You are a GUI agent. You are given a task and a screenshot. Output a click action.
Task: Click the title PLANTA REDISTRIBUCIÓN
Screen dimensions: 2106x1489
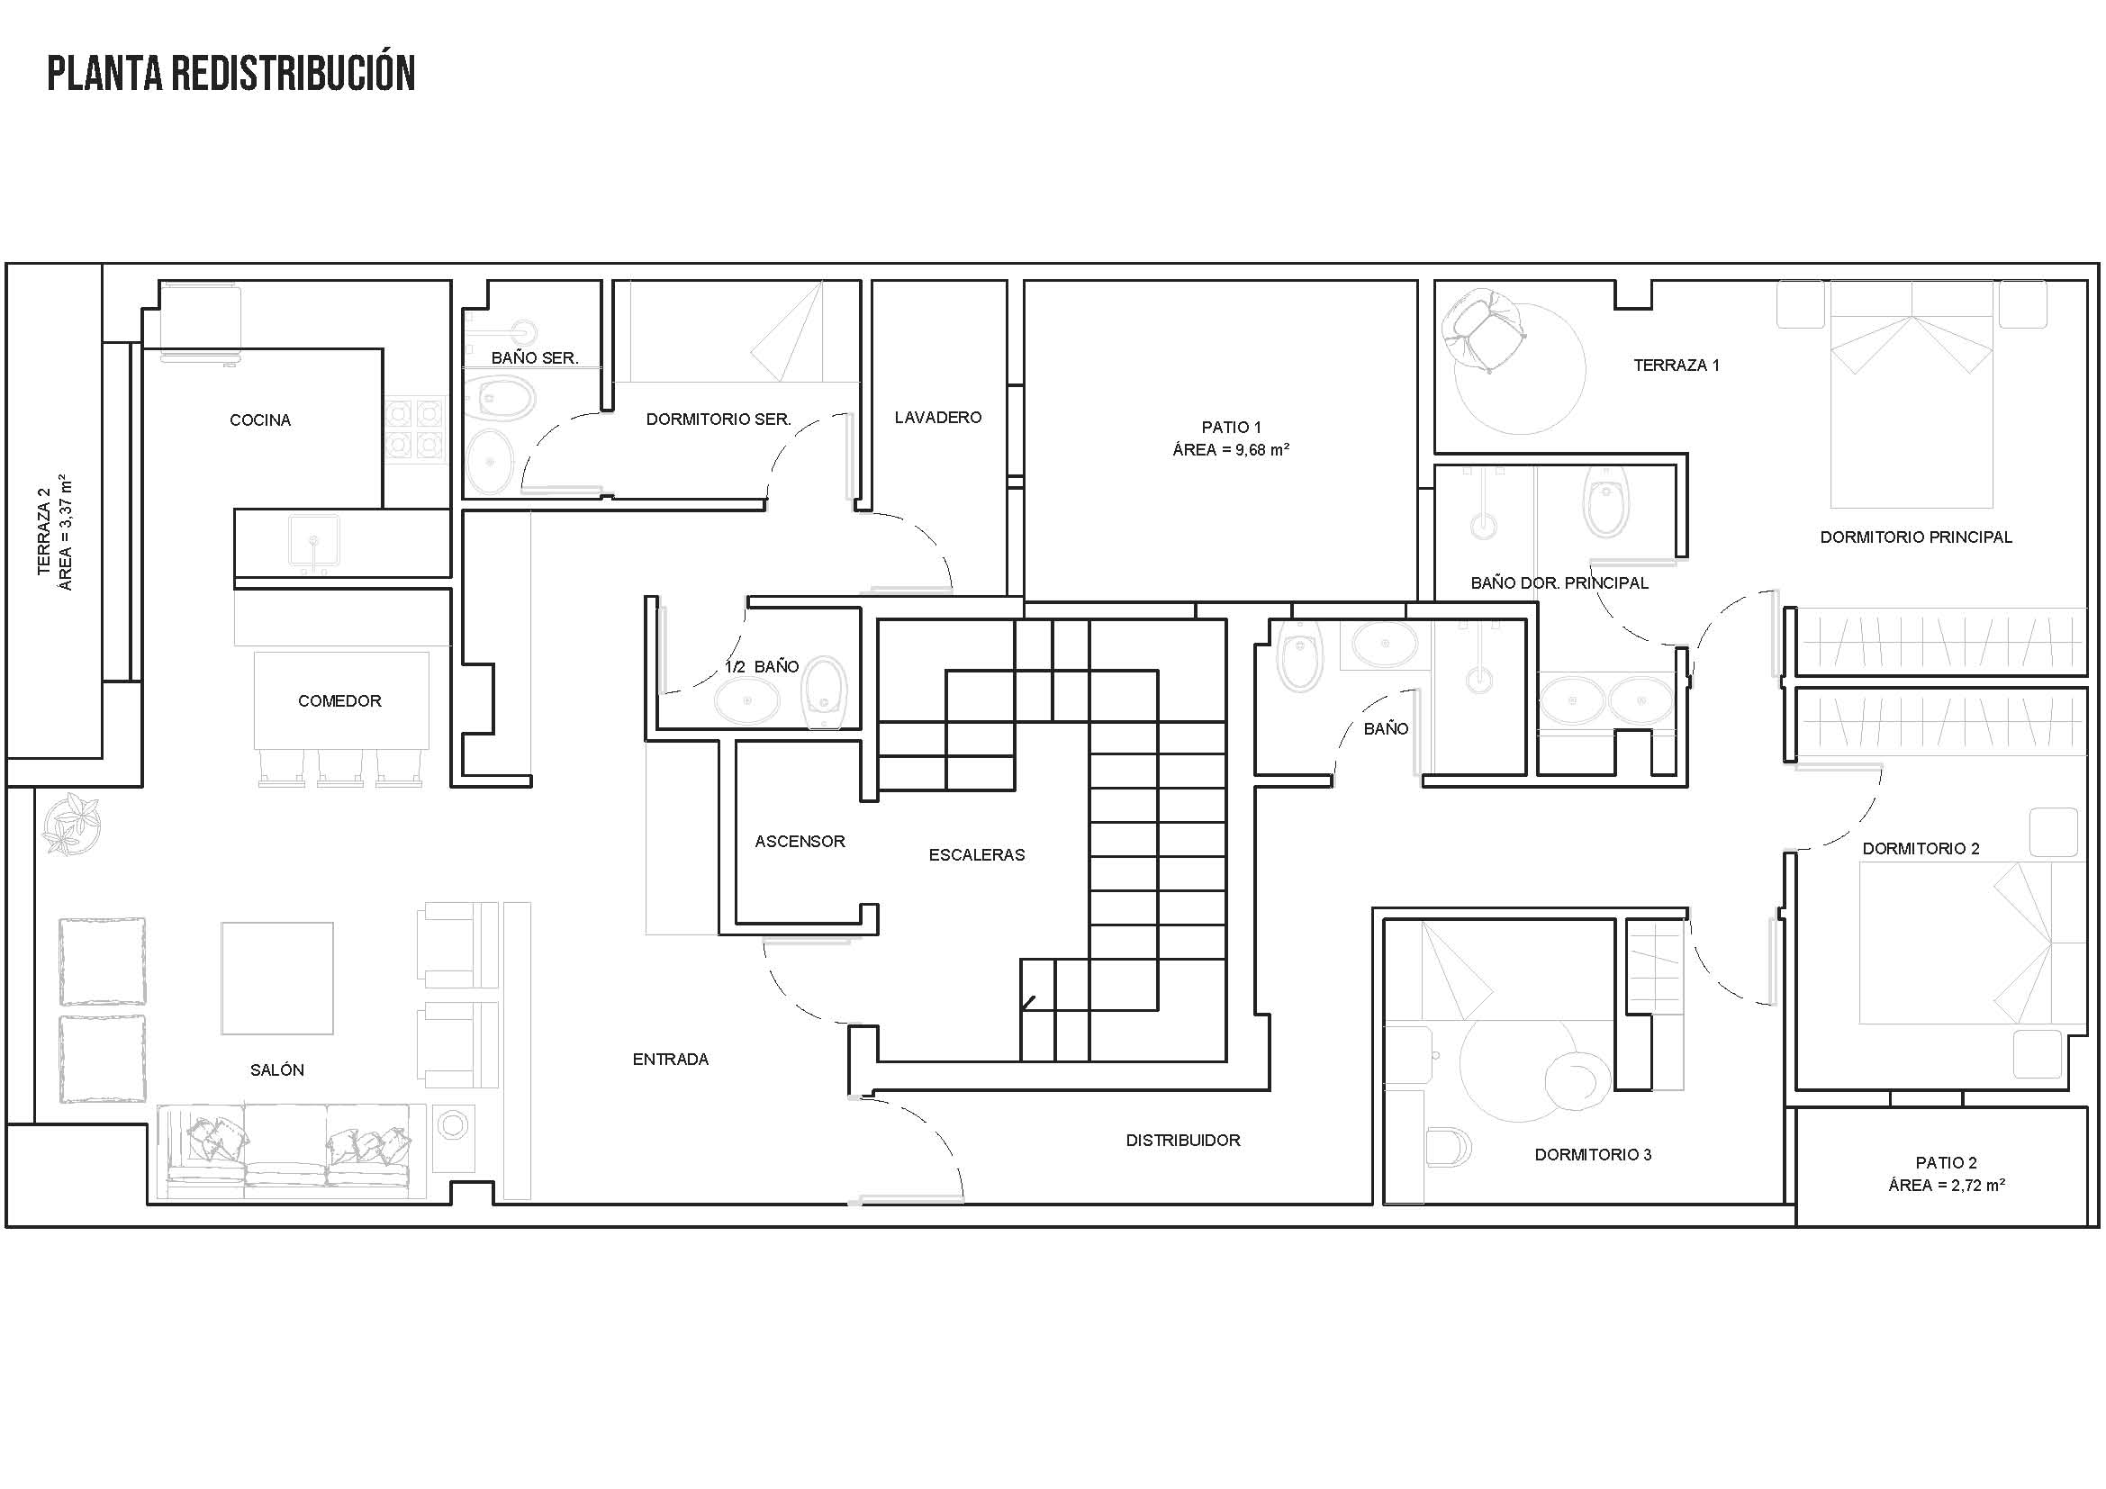click(231, 73)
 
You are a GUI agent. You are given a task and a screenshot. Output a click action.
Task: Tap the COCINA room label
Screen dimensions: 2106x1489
click(259, 420)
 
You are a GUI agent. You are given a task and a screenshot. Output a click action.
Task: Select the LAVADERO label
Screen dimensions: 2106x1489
click(937, 417)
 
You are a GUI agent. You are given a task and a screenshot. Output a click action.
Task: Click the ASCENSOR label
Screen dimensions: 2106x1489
click(800, 841)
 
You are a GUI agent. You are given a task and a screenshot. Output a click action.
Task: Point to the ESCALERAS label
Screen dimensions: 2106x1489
click(977, 854)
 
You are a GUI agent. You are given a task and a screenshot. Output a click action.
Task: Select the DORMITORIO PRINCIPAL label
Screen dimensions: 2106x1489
click(1916, 537)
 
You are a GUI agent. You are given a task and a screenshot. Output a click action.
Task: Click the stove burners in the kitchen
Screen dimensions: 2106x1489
click(415, 429)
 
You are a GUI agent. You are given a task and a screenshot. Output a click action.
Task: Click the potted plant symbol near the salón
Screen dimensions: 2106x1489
click(70, 824)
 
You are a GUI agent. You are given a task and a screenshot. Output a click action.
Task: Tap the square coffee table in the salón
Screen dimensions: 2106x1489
click(277, 979)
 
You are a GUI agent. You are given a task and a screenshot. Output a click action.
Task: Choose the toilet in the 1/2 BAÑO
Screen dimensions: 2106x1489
click(823, 692)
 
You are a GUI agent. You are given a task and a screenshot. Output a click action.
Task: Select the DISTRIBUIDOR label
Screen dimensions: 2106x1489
click(1183, 1141)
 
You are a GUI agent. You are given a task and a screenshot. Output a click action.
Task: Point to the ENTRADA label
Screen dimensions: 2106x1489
click(671, 1059)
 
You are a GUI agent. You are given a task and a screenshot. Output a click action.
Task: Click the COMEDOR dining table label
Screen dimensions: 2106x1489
click(339, 700)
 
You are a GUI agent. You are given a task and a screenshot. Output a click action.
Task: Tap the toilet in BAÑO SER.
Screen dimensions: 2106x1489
click(500, 397)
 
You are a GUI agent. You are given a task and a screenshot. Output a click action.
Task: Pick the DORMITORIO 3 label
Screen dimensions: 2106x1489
click(1594, 1154)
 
